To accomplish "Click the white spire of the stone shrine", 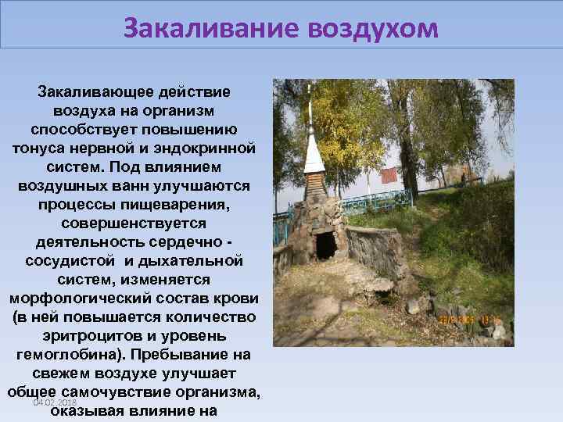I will (x=314, y=148).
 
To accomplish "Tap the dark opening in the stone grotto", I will (x=325, y=245).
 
